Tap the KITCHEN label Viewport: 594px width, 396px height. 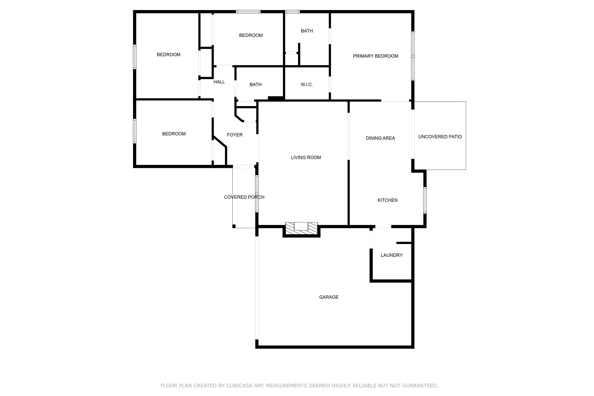click(387, 200)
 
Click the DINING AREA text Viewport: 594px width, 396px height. click(380, 138)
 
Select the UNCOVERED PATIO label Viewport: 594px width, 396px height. click(440, 137)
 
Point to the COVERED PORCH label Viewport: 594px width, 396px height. click(244, 197)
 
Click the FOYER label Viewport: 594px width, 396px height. click(235, 135)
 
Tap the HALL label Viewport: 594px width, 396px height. click(219, 82)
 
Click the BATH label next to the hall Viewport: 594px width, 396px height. click(255, 85)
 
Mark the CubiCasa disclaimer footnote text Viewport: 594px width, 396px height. click(299, 386)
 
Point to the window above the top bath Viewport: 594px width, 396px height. click(292, 12)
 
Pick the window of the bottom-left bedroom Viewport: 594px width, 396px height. click(135, 131)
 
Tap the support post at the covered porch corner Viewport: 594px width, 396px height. click(234, 226)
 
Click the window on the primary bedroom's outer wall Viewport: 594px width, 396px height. click(413, 56)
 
